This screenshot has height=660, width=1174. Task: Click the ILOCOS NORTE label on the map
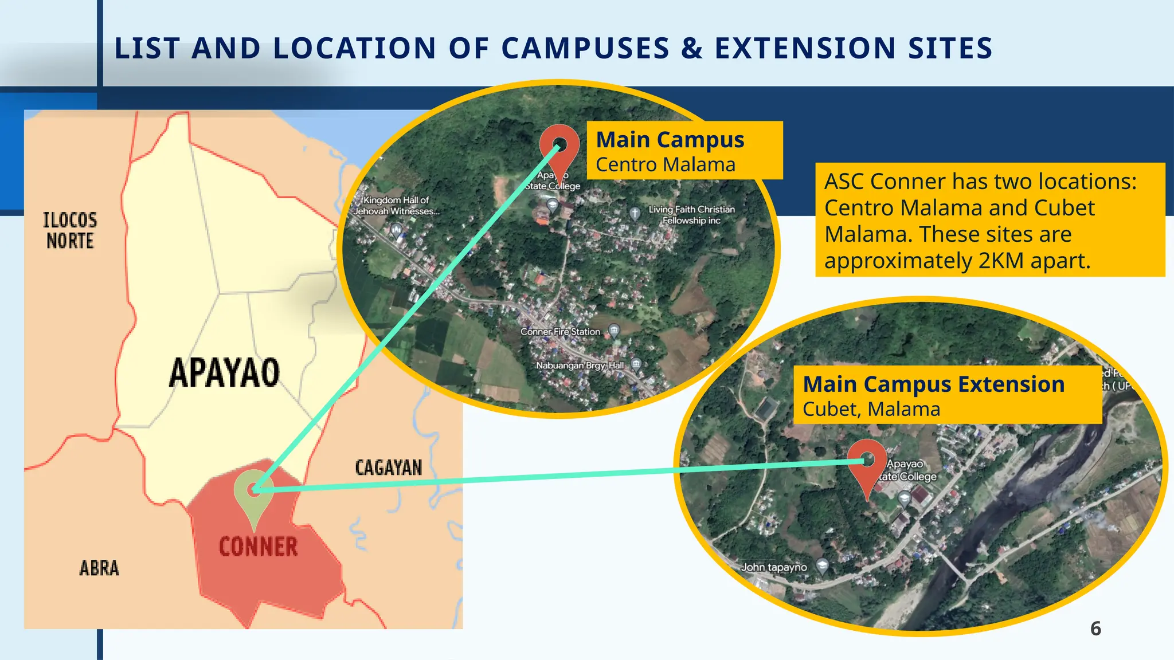pos(70,230)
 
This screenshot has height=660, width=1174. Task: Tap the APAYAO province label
pos(224,373)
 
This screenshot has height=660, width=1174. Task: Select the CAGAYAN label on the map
pos(389,467)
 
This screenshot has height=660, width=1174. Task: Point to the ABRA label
pos(99,568)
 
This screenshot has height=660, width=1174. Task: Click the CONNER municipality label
pos(259,547)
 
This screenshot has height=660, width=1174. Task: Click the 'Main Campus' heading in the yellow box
pos(670,140)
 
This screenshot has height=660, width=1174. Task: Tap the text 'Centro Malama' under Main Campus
pos(665,165)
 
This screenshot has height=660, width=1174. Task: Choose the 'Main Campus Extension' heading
pos(933,384)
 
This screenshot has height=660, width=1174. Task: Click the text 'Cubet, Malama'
pos(871,410)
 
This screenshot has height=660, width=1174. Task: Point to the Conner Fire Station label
pos(560,332)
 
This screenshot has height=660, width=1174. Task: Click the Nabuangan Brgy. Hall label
pos(580,366)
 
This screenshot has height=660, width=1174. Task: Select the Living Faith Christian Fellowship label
pos(691,215)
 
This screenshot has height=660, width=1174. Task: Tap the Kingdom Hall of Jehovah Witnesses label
pos(397,206)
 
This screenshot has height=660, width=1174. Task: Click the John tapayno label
pos(773,567)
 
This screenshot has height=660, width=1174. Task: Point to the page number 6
pos(1095,629)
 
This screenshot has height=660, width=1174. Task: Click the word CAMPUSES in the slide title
pos(585,48)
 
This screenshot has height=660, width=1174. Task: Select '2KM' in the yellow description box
pos(1001,261)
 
